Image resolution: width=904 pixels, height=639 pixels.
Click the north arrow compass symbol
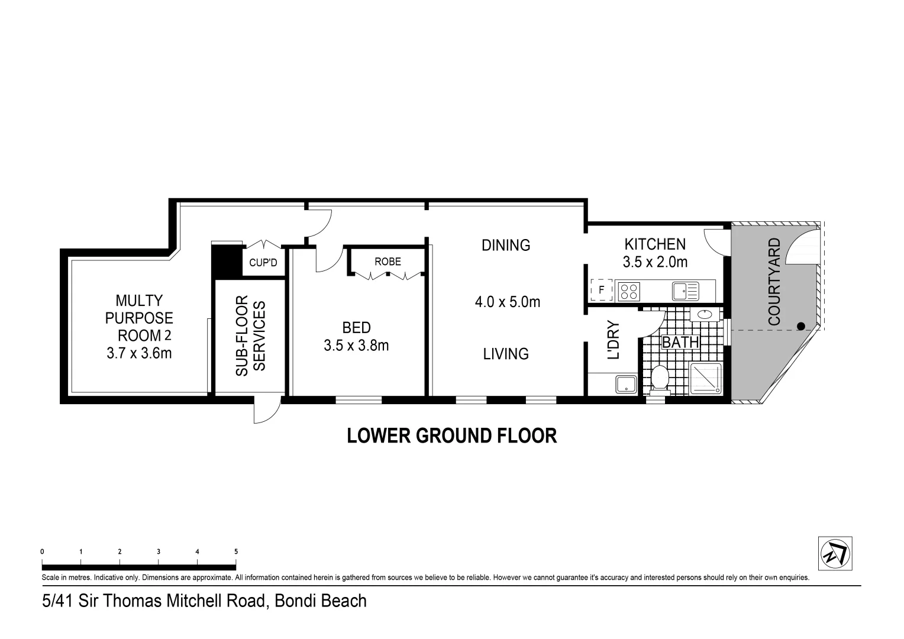click(835, 554)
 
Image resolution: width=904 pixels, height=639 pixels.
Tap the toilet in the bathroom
click(659, 379)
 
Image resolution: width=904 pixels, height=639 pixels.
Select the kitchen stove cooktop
click(629, 291)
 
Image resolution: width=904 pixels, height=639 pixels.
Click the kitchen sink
click(685, 291)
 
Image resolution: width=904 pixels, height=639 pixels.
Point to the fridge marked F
click(601, 291)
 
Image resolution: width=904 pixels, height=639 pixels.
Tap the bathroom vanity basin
click(705, 314)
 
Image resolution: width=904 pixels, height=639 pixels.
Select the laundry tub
click(625, 384)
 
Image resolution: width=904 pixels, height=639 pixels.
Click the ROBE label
click(388, 262)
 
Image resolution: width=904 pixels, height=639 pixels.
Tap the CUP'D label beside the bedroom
click(263, 262)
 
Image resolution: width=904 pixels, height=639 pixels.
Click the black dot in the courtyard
click(800, 326)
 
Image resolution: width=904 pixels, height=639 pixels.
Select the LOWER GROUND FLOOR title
click(451, 436)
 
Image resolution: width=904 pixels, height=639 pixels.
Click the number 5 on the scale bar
click(236, 551)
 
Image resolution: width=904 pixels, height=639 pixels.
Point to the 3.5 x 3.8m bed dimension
click(356, 346)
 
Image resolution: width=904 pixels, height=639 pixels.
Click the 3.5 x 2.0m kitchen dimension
click(655, 262)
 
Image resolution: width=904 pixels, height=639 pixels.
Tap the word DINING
click(506, 245)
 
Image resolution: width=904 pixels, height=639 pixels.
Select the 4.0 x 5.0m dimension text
click(507, 302)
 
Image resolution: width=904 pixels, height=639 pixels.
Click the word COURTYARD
click(774, 281)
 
